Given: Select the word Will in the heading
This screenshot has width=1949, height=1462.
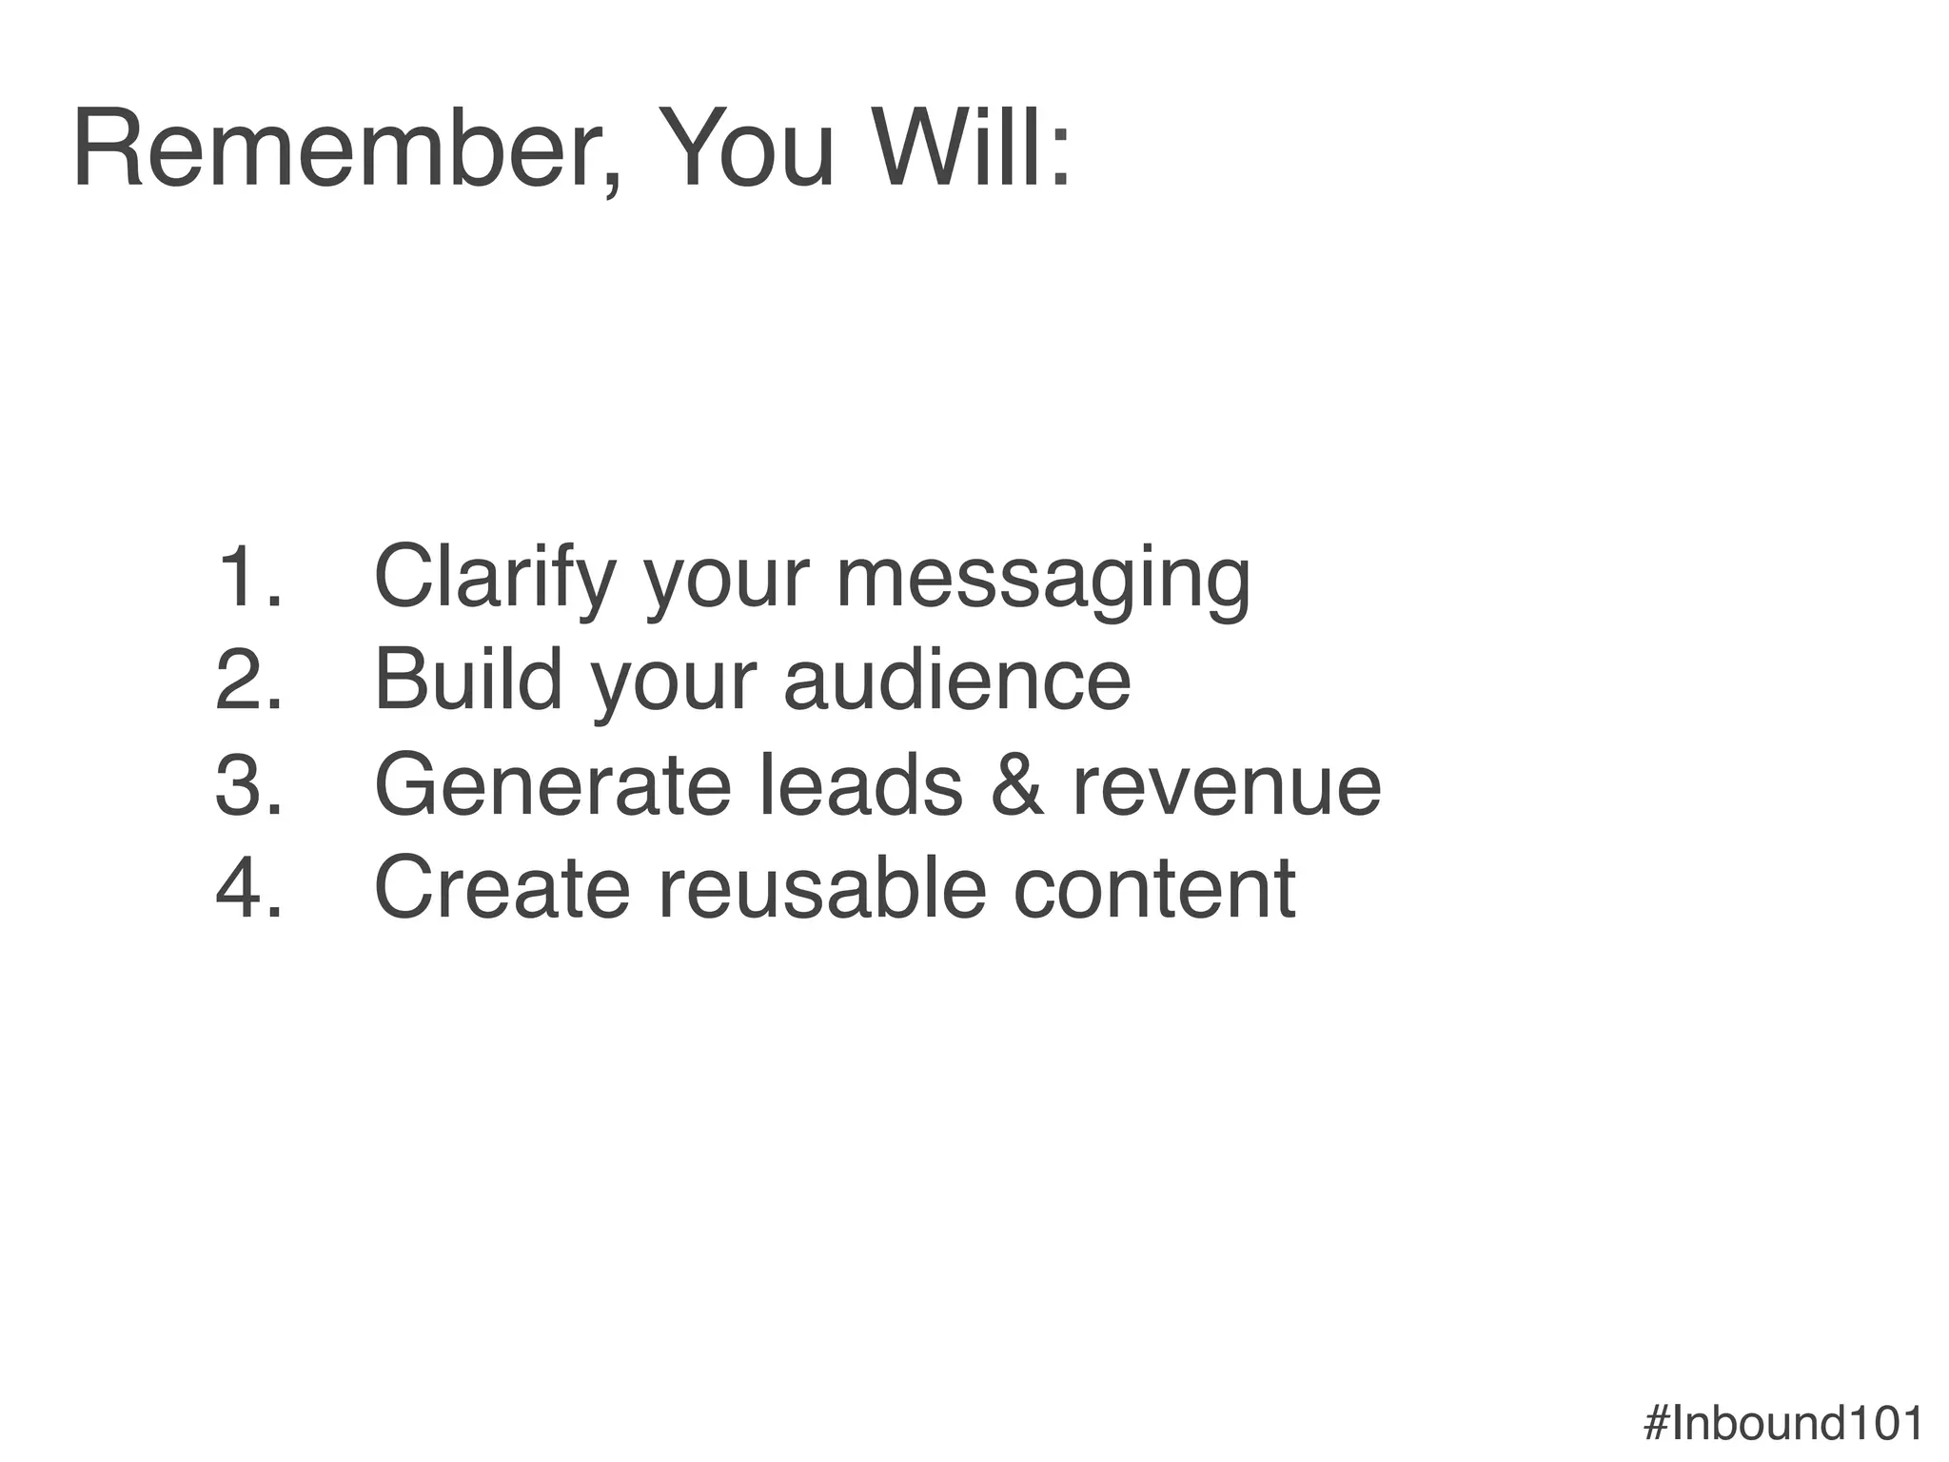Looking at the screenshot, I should point(971,150).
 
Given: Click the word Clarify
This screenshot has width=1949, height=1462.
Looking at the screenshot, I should point(495,578).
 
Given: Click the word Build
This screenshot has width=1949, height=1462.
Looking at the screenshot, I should point(468,680).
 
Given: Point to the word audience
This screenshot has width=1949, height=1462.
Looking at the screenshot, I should point(957,680).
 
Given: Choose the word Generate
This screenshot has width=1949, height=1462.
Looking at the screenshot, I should point(552,784).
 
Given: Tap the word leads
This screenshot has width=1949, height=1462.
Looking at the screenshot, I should point(861,784).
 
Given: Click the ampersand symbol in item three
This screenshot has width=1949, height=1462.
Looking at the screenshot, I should point(1017,784).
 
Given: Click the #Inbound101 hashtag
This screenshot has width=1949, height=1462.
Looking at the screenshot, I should point(1783,1424).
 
